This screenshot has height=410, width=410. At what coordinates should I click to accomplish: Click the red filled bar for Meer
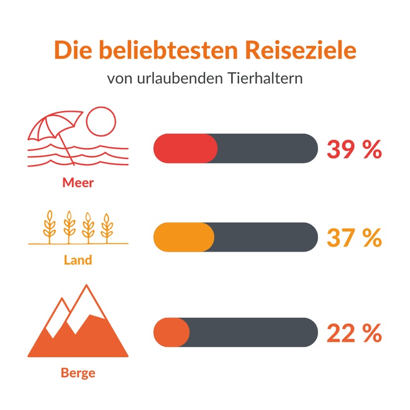point(185,148)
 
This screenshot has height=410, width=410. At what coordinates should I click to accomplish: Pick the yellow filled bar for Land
point(183,237)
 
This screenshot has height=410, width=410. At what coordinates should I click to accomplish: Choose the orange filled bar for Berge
point(171,332)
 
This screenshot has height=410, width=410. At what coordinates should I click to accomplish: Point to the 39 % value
point(353,149)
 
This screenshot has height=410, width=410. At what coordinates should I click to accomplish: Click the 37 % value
point(353,237)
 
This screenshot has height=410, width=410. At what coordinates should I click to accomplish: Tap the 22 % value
point(353,333)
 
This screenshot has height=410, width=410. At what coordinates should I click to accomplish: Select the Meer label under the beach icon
point(78,183)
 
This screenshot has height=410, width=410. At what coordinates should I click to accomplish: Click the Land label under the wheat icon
point(78,260)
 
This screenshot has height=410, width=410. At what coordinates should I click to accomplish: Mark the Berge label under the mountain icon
point(78,373)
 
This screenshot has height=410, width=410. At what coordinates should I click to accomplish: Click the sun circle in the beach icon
point(101,122)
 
